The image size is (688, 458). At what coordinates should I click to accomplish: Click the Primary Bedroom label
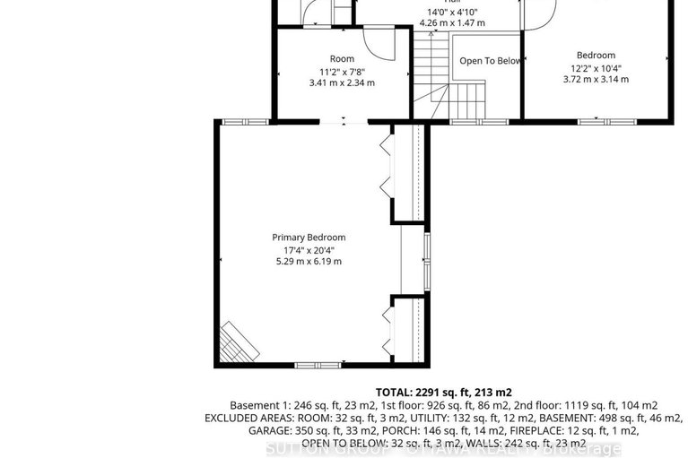click(x=309, y=238)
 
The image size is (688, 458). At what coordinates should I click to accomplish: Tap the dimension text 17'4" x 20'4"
click(x=309, y=249)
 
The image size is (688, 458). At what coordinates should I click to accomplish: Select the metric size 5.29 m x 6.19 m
click(x=309, y=262)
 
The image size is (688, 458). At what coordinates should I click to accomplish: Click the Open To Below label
click(x=490, y=61)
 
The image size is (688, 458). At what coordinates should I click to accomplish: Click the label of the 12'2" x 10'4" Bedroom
click(x=596, y=56)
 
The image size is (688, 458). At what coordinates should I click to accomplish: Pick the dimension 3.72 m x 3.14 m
click(x=596, y=80)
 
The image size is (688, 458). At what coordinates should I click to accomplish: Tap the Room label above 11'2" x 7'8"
click(x=342, y=59)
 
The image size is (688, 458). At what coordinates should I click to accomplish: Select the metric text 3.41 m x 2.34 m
click(x=341, y=82)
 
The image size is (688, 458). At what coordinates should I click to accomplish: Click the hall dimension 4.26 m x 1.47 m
click(x=452, y=22)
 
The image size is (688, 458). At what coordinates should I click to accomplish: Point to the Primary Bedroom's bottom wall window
click(x=318, y=365)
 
